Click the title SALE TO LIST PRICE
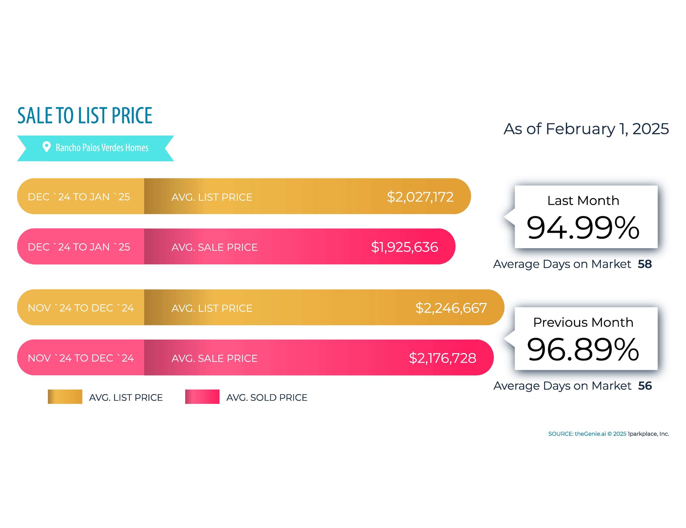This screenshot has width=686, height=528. coord(85,116)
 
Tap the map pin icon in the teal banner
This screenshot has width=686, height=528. coord(46,147)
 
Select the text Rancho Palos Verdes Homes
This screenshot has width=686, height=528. coord(102,148)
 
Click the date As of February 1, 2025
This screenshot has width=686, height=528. coord(586,129)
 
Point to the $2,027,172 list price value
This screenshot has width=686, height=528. coord(420,197)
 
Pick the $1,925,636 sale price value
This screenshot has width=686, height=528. coord(404,247)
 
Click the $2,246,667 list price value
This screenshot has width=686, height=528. coord(451,308)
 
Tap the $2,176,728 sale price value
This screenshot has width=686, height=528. coord(442,358)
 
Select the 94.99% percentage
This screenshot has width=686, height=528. coord(583,228)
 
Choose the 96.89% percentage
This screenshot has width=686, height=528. coord(583,350)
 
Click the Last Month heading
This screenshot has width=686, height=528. coord(583,201)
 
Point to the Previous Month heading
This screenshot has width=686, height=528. coord(583,322)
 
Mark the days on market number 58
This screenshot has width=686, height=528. coord(645,264)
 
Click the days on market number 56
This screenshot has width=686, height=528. coord(645,386)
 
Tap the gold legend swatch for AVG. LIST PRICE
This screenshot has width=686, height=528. coord(65,397)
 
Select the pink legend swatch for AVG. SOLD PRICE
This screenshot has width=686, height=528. coord(202,397)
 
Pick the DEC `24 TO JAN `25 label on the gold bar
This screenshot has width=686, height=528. coord(79,197)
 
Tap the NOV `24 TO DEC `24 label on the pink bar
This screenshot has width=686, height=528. coord(81,358)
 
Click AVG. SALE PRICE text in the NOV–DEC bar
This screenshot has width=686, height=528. coord(214,358)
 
